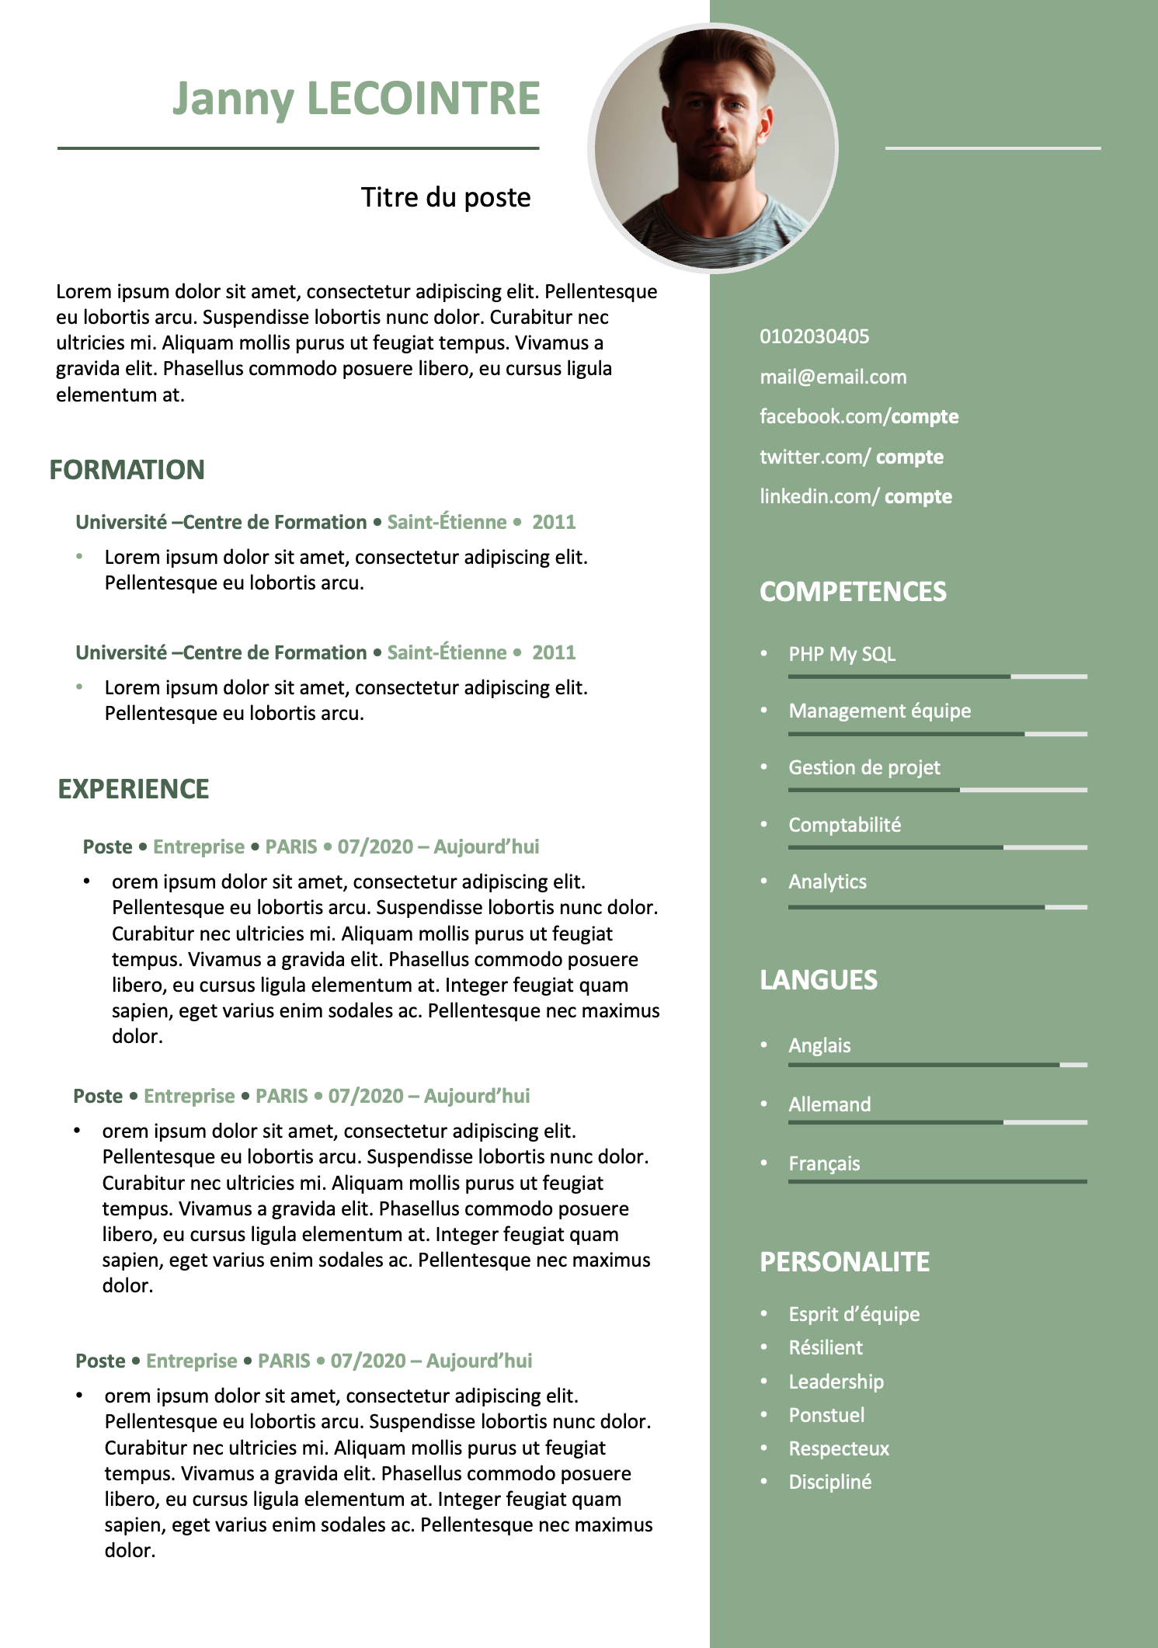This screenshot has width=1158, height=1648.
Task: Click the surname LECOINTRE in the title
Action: pyautogui.click(x=423, y=99)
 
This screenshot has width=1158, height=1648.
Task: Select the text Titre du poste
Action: pyautogui.click(x=446, y=198)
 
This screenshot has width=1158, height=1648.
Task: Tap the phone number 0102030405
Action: pyautogui.click(x=814, y=337)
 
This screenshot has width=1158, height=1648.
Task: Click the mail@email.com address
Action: pyautogui.click(x=833, y=377)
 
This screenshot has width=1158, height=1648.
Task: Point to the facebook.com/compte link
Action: pyautogui.click(x=858, y=417)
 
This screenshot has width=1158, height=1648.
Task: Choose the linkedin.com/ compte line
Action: pyautogui.click(x=855, y=497)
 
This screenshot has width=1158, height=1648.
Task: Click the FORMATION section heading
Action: pyautogui.click(x=127, y=470)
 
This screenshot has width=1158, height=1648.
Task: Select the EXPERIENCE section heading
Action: pyautogui.click(x=134, y=789)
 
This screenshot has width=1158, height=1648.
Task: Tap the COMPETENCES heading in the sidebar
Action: pyautogui.click(x=853, y=592)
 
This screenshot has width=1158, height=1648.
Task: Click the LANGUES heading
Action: pyautogui.click(x=818, y=980)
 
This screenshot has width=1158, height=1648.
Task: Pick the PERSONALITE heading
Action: pyautogui.click(x=844, y=1262)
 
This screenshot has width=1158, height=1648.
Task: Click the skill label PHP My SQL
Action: pyautogui.click(x=842, y=655)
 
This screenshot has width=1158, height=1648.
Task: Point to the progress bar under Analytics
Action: pyautogui.click(x=937, y=907)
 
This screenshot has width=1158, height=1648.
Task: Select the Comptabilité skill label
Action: pyautogui.click(x=844, y=826)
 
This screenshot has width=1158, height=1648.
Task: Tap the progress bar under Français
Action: pyautogui.click(x=937, y=1182)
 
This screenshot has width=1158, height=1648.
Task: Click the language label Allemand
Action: pyautogui.click(x=829, y=1105)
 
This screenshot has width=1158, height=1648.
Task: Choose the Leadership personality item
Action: pyautogui.click(x=836, y=1382)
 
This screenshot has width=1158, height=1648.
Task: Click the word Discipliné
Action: pyautogui.click(x=829, y=1483)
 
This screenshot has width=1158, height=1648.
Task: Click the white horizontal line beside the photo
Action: pyautogui.click(x=993, y=148)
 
